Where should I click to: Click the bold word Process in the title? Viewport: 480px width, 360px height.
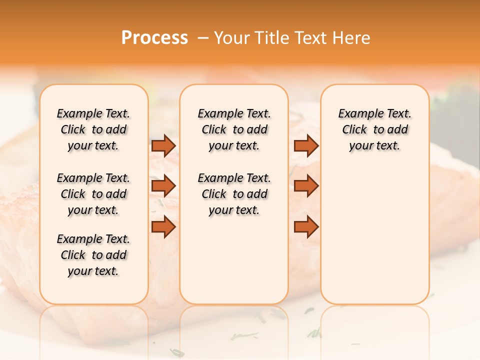tap(154, 38)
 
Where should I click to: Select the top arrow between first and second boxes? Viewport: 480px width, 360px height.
tap(163, 145)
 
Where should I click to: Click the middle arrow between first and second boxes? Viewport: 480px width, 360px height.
tap(163, 186)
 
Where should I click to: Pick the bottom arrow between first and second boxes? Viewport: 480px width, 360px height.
tap(163, 227)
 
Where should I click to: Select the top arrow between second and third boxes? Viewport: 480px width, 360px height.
tap(306, 145)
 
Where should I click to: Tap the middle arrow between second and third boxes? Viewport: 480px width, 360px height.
tap(306, 186)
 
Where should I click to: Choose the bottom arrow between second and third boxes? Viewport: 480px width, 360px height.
tap(306, 227)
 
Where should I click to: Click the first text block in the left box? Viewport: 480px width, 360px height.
tap(93, 129)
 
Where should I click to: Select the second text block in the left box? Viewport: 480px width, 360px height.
tap(93, 194)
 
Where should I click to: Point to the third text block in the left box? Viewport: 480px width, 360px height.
tap(93, 255)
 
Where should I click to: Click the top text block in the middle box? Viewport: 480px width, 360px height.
tap(234, 129)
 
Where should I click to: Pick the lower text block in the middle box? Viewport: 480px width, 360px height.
tap(234, 194)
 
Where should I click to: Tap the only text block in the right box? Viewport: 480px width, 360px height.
tap(374, 129)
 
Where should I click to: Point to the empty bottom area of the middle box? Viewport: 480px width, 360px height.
tap(234, 265)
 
